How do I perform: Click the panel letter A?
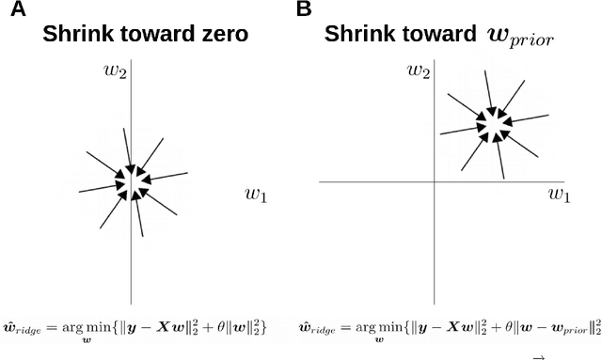10,9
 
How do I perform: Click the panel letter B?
304,9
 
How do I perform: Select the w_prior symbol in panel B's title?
519,36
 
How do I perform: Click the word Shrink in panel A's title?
77,35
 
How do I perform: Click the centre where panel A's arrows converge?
132,181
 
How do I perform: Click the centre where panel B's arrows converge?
492,122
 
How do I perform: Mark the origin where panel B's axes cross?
434,181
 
